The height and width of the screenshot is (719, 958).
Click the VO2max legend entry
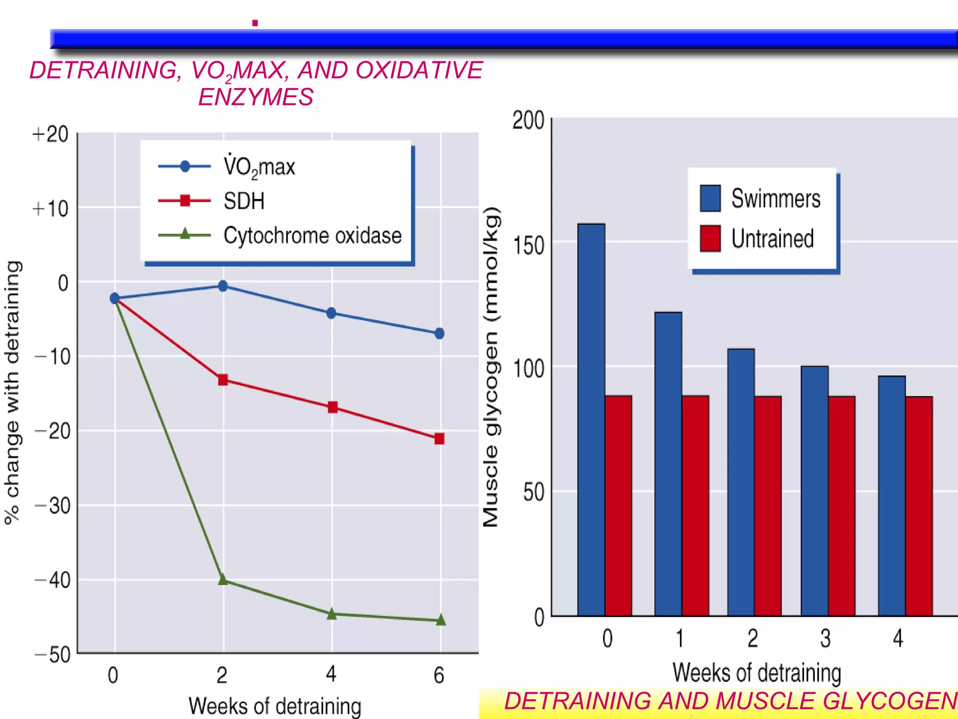pyautogui.click(x=259, y=167)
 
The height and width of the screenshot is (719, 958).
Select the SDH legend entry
pyautogui.click(x=244, y=201)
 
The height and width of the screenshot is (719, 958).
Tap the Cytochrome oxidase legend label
pyautogui.click(x=312, y=235)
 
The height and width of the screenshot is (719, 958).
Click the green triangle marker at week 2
pyautogui.click(x=223, y=580)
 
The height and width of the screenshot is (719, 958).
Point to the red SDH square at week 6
pyautogui.click(x=439, y=439)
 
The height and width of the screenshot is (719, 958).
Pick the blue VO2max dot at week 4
pyautogui.click(x=331, y=313)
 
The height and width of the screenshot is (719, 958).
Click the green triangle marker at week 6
pyautogui.click(x=441, y=620)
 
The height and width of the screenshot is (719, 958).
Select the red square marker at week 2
pyautogui.click(x=223, y=380)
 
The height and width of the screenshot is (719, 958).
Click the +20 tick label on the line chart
pyautogui.click(x=51, y=134)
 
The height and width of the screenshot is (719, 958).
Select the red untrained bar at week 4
pyautogui.click(x=919, y=506)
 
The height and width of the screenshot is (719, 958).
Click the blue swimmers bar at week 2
pyautogui.click(x=741, y=482)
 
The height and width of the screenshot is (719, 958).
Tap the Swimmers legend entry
pyautogui.click(x=775, y=198)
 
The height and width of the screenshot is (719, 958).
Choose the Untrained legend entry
pyautogui.click(x=772, y=239)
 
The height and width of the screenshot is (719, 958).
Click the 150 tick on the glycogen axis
pyautogui.click(x=529, y=245)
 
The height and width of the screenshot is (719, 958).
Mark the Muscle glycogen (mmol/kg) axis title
pyautogui.click(x=491, y=367)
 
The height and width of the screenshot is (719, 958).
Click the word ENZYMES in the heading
pyautogui.click(x=255, y=97)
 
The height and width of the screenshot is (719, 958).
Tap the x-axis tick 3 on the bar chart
pyautogui.click(x=826, y=638)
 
